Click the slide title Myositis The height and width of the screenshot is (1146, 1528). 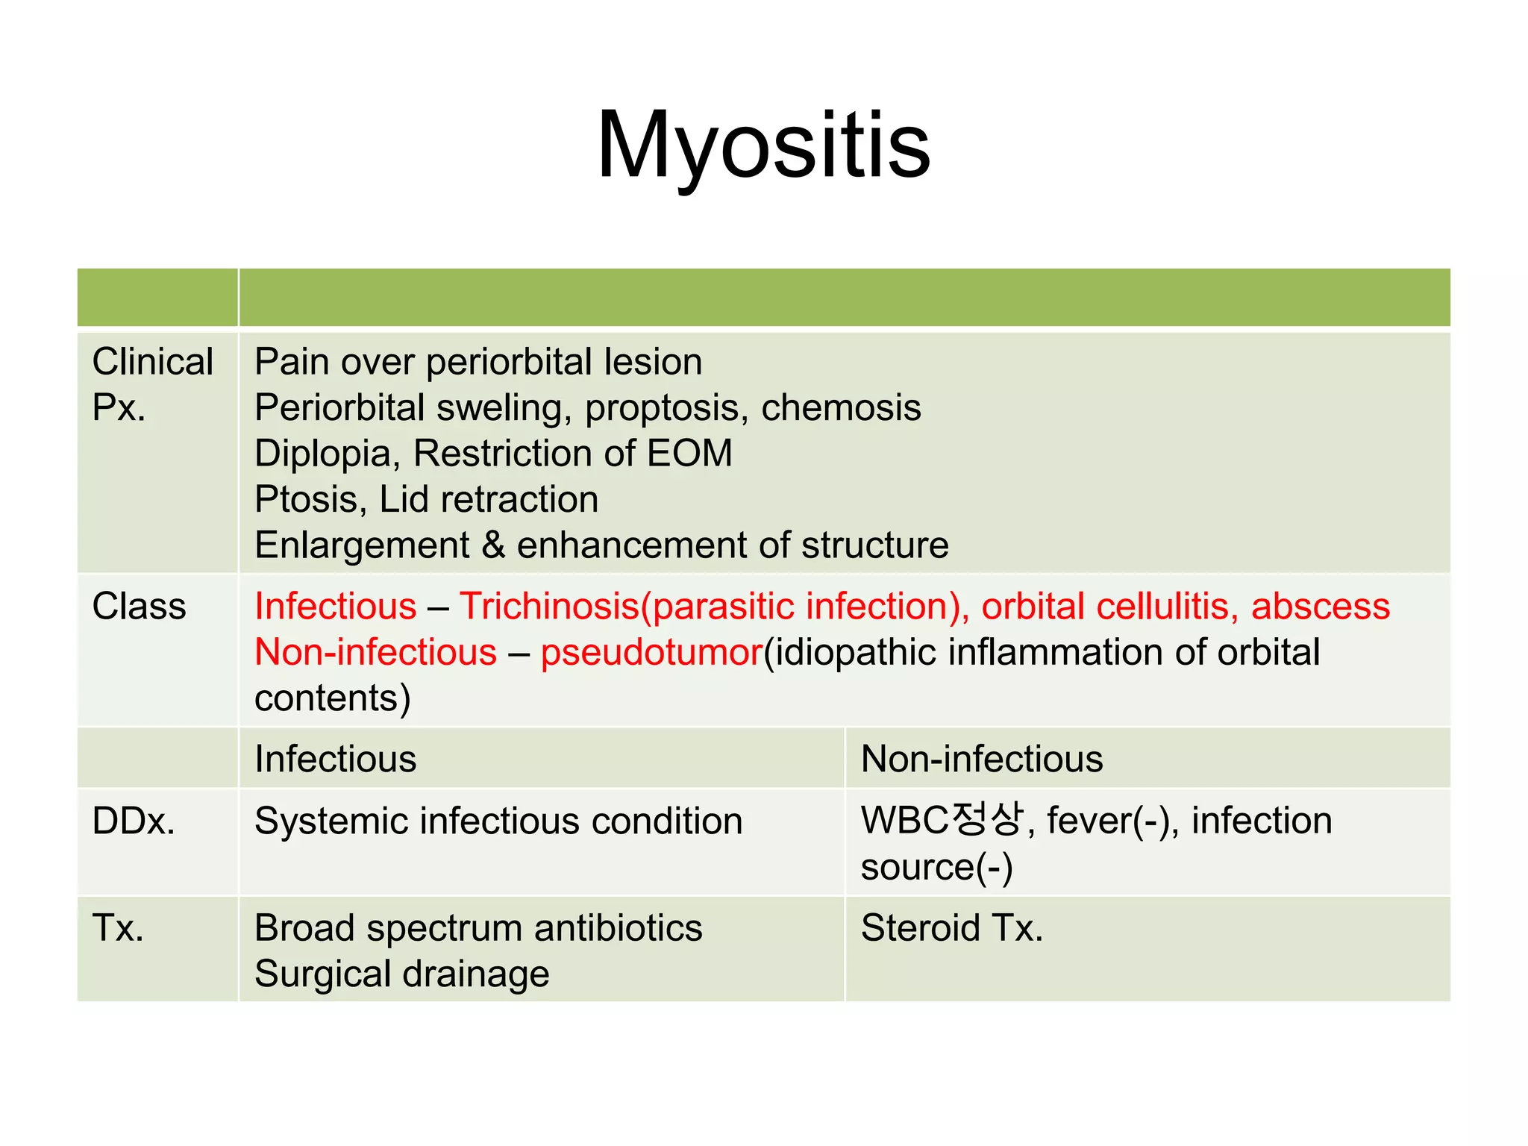coord(763,145)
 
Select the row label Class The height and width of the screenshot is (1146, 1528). coord(139,606)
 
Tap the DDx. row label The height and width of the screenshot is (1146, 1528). coord(134,821)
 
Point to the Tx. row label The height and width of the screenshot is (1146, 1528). coord(118,928)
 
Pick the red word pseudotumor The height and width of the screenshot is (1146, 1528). coord(651,652)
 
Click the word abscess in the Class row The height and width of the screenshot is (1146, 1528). coord(1321,606)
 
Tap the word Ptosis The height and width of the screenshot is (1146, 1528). coord(307,499)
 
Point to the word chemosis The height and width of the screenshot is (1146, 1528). coord(841,407)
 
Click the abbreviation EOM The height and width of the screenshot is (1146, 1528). coord(689,454)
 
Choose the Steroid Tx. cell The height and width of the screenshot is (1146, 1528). coord(951,928)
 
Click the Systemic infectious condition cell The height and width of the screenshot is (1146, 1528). coord(498,821)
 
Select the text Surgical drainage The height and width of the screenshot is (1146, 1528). coord(402,974)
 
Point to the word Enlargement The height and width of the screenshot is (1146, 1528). coord(362,545)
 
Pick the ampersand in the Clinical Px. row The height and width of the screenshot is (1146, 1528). coord(493,545)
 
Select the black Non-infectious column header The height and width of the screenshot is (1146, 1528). coord(982,759)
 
